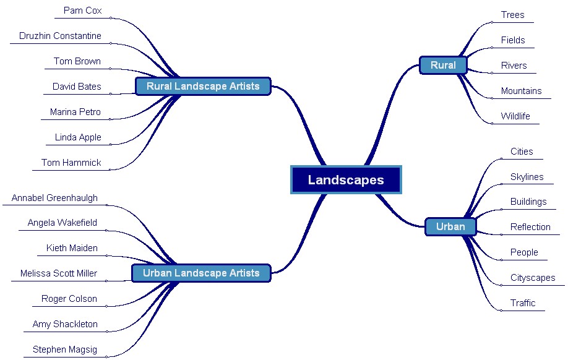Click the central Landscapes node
346,180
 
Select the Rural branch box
443,65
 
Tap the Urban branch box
450,226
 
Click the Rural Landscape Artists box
203,86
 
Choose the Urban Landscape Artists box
201,273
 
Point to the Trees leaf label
512,15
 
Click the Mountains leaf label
521,91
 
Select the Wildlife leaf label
515,116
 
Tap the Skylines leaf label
527,177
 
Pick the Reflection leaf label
530,227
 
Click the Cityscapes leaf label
533,278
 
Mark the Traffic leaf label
523,303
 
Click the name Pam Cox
82,11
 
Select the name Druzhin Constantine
60,36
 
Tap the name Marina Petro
75,112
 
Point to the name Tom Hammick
71,163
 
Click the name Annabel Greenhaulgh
54,198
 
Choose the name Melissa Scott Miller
59,273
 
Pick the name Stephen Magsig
65,349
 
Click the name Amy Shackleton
65,324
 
